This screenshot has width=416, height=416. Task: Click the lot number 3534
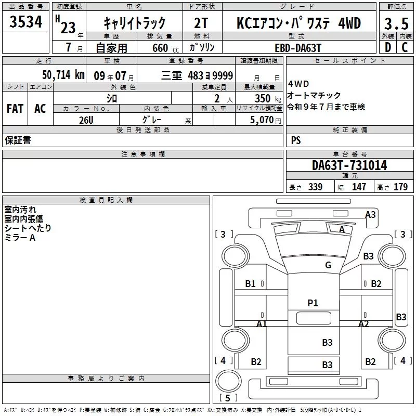point(25,22)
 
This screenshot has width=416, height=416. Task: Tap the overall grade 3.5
point(396,24)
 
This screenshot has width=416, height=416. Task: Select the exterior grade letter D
point(388,47)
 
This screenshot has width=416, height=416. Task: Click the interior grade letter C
point(405,47)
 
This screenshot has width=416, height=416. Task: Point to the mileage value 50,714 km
point(63,75)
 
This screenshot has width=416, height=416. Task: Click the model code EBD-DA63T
point(298,48)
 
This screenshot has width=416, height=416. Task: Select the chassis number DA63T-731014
point(349,165)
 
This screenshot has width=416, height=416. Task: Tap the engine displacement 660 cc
point(165,48)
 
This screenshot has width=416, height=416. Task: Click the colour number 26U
point(86,120)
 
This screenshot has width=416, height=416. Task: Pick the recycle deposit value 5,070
point(262,120)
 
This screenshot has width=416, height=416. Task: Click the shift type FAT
point(15,109)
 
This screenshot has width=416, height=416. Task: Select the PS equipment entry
point(296,140)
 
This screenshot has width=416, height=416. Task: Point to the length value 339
point(315,187)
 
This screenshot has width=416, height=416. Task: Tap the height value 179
point(400,187)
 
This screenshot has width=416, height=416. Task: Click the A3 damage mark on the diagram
point(370,214)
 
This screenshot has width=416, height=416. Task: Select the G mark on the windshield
point(328,265)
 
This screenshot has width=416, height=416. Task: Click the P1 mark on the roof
point(313,303)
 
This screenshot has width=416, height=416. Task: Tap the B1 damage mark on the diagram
point(250,283)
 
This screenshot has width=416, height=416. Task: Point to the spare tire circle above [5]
point(228,381)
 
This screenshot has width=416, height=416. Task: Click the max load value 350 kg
point(268,98)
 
